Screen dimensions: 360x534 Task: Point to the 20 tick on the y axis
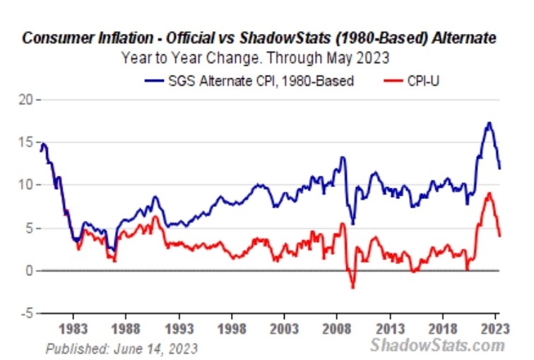pos(26,100)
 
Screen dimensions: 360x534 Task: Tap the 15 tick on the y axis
pos(26,142)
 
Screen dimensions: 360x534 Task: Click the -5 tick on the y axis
pos(26,313)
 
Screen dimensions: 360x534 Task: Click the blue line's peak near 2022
pos(489,124)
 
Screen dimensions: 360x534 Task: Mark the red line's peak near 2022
pos(489,193)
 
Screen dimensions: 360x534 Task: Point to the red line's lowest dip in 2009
pos(352,287)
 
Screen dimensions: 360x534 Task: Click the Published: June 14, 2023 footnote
pos(121,347)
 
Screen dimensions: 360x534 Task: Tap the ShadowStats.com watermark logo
pos(438,345)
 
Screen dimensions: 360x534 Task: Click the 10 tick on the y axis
pos(26,185)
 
